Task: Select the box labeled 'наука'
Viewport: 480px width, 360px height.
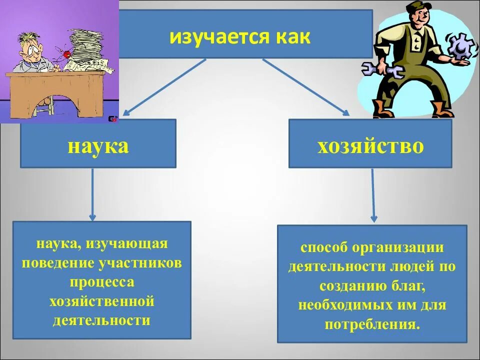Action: pyautogui.click(x=98, y=145)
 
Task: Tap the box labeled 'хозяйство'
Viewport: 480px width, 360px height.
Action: pyautogui.click(x=370, y=145)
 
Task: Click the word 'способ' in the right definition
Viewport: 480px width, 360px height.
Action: pyautogui.click(x=323, y=248)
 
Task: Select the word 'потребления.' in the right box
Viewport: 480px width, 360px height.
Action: pyautogui.click(x=371, y=324)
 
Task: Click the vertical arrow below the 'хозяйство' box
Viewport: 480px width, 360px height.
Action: pyautogui.click(x=373, y=195)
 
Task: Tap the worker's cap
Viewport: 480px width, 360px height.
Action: pyautogui.click(x=415, y=7)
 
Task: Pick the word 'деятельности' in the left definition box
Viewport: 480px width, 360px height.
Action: pyautogui.click(x=102, y=320)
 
